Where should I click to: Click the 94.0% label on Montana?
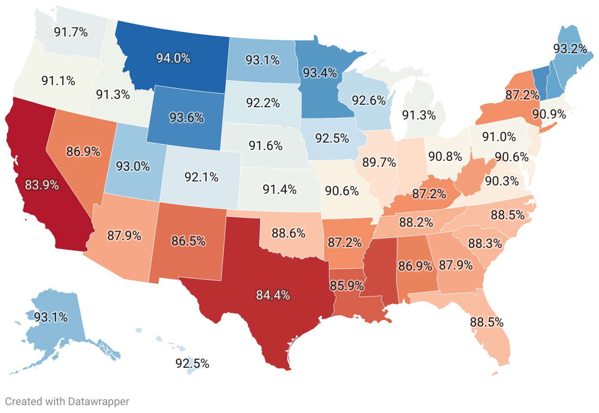pyautogui.click(x=173, y=58)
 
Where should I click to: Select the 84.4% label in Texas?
pyautogui.click(x=273, y=295)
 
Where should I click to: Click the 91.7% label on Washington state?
pyautogui.click(x=71, y=32)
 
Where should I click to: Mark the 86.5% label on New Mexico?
pyautogui.click(x=188, y=241)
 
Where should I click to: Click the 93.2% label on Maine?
pyautogui.click(x=570, y=49)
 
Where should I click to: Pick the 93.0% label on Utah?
pyautogui.click(x=133, y=166)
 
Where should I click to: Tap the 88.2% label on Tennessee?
pyautogui.click(x=416, y=222)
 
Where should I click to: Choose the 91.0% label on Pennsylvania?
pyautogui.click(x=499, y=136)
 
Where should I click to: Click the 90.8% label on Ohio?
pyautogui.click(x=445, y=157)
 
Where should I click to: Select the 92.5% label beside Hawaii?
pyautogui.click(x=192, y=364)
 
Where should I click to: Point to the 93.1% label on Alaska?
pyautogui.click(x=51, y=317)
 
